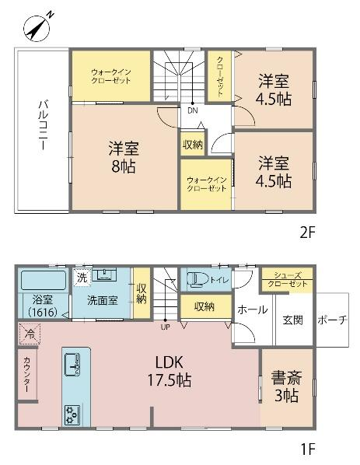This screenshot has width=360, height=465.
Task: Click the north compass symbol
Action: point(37,27)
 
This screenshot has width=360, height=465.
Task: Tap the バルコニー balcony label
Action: point(42,125)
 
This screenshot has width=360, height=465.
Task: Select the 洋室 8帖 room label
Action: point(124,157)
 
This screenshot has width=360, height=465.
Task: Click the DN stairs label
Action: point(193,110)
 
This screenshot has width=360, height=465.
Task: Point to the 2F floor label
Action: point(306,232)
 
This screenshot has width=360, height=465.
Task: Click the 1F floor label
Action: point(307,449)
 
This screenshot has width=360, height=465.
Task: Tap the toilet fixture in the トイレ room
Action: point(197,279)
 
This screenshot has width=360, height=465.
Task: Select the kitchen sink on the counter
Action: point(72,365)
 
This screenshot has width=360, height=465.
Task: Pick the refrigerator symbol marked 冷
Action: point(30,334)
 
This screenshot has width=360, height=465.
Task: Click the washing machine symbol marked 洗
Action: point(82,278)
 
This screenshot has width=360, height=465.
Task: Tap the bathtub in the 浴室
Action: point(44,280)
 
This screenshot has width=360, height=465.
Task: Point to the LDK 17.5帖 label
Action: point(170,371)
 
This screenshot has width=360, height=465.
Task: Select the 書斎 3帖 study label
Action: point(286,386)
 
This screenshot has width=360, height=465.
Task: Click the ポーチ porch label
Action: point(332,320)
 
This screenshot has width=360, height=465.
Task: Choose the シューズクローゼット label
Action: point(288,280)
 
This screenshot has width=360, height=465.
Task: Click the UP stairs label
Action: point(165,327)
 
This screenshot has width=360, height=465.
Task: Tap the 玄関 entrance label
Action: point(292,320)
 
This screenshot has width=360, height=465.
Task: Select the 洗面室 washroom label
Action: point(103,300)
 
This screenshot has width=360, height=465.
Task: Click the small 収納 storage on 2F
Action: point(193,145)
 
